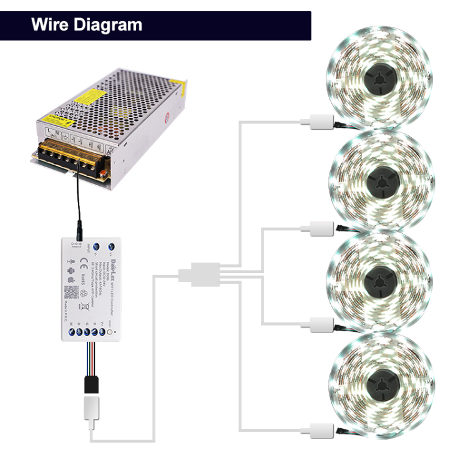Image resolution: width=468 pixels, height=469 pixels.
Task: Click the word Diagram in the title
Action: (x=107, y=26)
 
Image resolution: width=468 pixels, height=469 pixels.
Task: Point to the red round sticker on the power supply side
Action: (x=168, y=117)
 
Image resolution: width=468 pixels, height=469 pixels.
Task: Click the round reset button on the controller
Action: (x=110, y=332)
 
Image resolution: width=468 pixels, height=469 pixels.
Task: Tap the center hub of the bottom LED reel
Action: (x=378, y=381)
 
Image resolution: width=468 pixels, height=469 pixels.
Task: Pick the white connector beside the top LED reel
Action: (x=317, y=122)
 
